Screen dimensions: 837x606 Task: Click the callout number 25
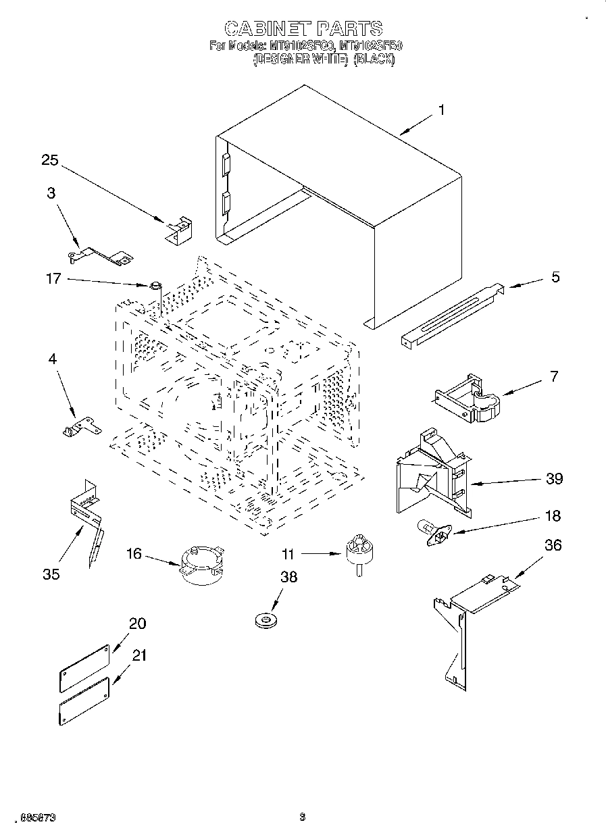point(50,160)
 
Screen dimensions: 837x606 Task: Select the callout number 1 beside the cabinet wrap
point(442,110)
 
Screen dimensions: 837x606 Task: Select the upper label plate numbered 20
point(84,667)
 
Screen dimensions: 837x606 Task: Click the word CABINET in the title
point(267,28)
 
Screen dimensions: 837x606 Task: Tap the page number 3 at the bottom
point(303,817)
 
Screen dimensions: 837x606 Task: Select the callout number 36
point(553,544)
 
